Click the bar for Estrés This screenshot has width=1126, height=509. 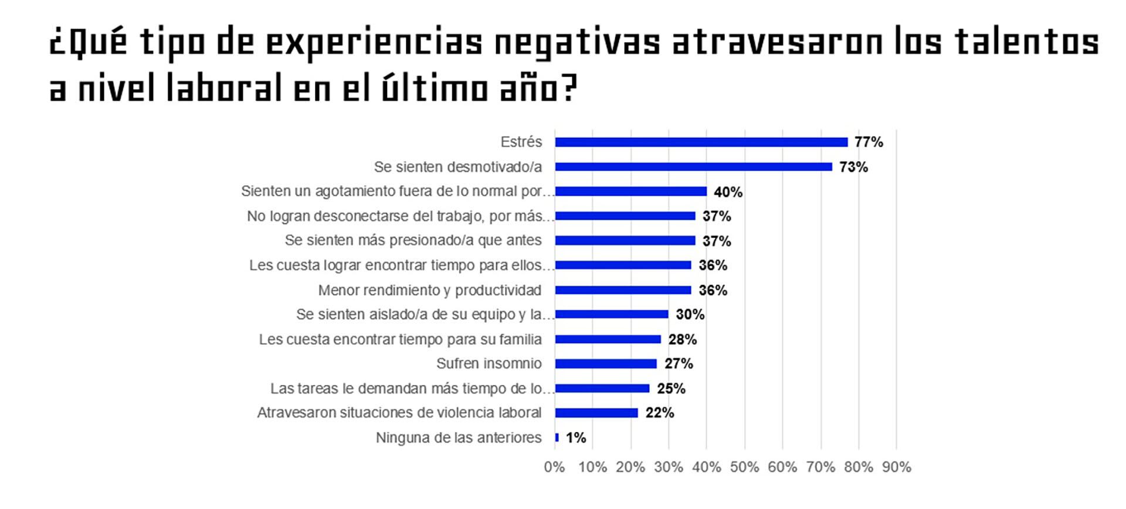(701, 142)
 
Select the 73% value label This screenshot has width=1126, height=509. (853, 167)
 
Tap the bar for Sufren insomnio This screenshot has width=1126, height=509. (606, 364)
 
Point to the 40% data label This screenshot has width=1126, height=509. (728, 192)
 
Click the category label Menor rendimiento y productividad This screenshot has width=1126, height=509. (429, 290)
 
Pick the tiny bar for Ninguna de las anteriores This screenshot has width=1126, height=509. (557, 437)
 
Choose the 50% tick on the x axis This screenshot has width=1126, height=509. (744, 467)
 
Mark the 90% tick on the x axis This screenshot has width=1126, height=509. (896, 467)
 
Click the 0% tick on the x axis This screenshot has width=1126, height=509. (554, 467)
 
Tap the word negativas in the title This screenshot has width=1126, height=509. (576, 43)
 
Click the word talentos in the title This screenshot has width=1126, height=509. (1026, 43)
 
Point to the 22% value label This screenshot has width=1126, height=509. (660, 413)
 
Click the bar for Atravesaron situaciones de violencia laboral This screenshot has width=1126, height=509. (596, 413)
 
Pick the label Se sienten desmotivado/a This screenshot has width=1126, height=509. (457, 167)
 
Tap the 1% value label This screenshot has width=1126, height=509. (576, 437)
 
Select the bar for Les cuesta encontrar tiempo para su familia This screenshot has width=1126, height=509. (608, 340)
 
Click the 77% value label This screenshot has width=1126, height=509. (869, 142)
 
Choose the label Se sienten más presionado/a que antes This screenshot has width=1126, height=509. (413, 240)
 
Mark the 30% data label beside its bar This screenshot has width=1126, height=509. (690, 314)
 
